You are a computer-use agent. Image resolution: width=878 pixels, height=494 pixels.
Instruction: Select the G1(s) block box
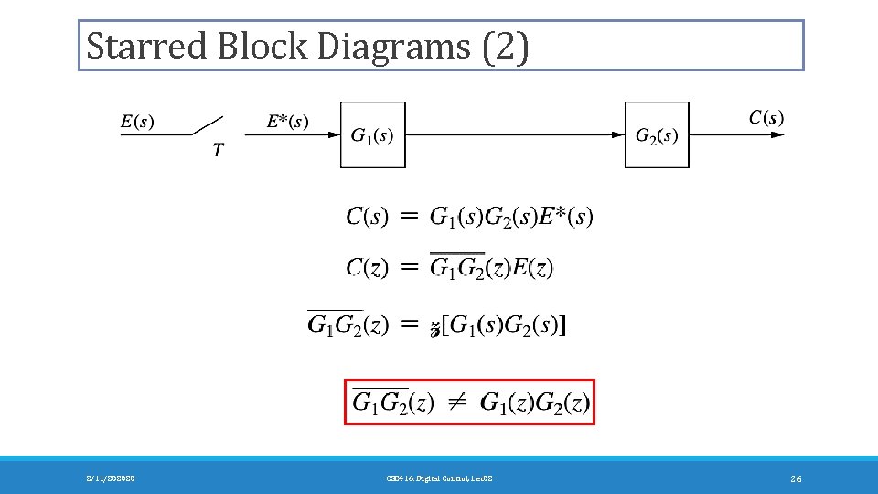pos(372,135)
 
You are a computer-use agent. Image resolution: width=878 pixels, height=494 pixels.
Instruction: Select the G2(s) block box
pos(657,135)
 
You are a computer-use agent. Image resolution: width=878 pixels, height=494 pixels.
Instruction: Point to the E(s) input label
pos(137,120)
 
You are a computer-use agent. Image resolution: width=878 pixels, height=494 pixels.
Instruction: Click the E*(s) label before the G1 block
pos(287,120)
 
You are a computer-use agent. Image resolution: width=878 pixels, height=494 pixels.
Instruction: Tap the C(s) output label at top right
pos(766,116)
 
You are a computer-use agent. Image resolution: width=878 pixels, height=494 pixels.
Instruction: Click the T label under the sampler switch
pos(217,151)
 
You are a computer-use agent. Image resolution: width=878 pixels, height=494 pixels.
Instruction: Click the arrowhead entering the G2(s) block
pos(618,134)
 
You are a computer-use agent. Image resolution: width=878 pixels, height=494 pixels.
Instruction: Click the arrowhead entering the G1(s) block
pos(334,134)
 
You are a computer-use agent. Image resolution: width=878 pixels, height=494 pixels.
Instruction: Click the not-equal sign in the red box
pos(457,403)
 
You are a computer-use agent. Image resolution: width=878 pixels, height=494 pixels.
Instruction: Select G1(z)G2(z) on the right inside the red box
pos(535,403)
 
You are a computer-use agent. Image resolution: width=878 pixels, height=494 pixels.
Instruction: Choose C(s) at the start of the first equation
pos(367,217)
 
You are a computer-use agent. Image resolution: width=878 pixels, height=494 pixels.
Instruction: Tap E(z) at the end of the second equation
pos(531,267)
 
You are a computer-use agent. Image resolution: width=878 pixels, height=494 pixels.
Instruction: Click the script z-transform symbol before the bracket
pos(434,327)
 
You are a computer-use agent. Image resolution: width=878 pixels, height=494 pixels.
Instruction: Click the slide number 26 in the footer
pos(796,478)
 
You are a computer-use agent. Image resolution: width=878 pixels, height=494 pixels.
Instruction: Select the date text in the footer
pos(110,478)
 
